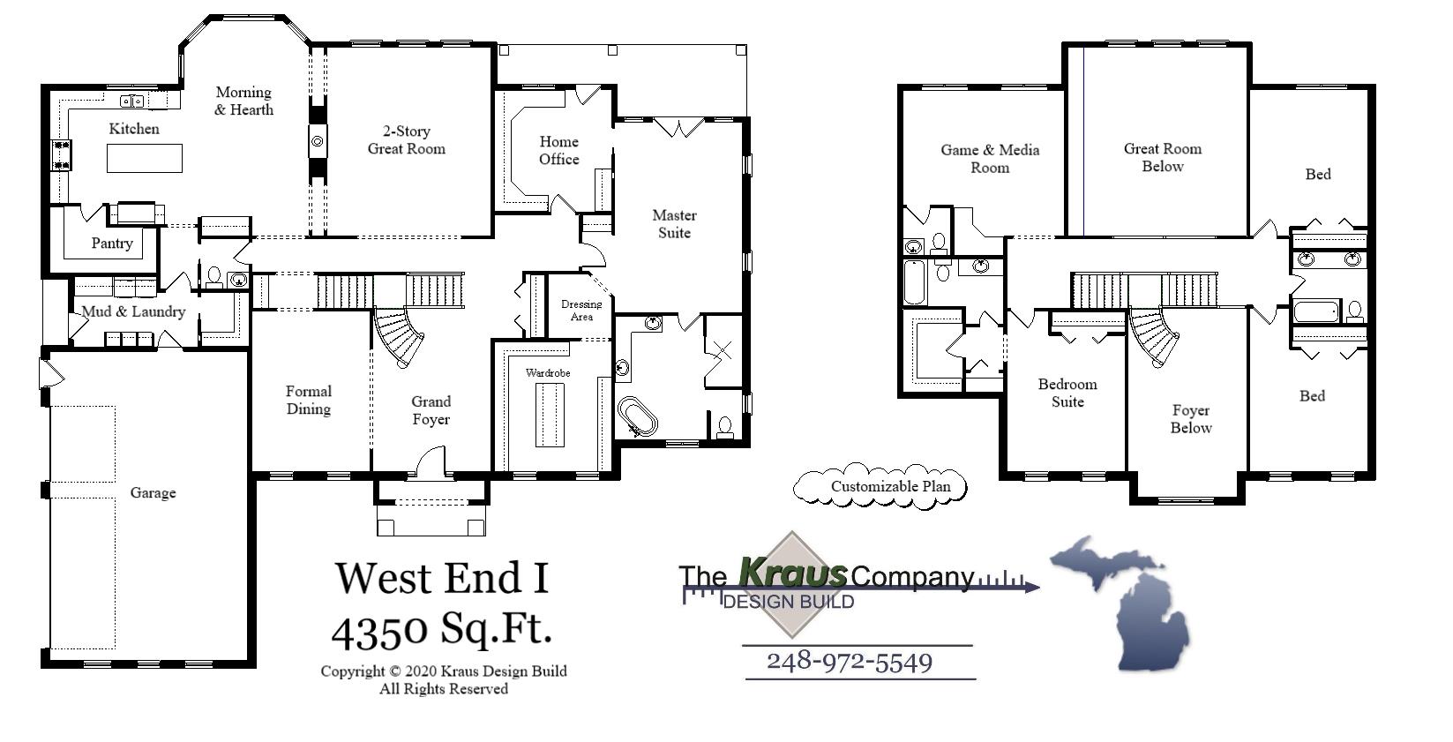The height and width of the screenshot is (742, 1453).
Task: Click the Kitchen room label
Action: pyautogui.click(x=134, y=129)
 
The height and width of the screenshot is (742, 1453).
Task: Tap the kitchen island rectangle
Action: pyautogui.click(x=145, y=158)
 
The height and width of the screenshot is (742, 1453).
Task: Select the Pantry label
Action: pyautogui.click(x=112, y=244)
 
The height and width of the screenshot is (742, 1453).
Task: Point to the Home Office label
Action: pyautogui.click(x=559, y=150)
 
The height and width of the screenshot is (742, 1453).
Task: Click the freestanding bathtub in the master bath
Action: pyautogui.click(x=637, y=417)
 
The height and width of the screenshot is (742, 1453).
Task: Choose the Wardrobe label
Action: pyautogui.click(x=548, y=373)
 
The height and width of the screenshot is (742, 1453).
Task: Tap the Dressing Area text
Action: pyautogui.click(x=581, y=311)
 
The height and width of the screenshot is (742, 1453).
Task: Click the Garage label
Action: pyautogui.click(x=153, y=493)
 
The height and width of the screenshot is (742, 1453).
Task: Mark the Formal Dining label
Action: pyautogui.click(x=309, y=400)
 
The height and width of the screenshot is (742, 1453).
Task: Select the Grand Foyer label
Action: pyautogui.click(x=431, y=410)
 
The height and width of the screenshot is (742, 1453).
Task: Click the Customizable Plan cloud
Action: pyautogui.click(x=880, y=486)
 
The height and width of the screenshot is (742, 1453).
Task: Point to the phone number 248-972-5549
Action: pyautogui.click(x=849, y=662)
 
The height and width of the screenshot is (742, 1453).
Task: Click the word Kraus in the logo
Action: pyautogui.click(x=792, y=573)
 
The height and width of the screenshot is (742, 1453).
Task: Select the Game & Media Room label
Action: pyautogui.click(x=990, y=159)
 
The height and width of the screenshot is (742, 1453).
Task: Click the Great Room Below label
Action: pyautogui.click(x=1163, y=158)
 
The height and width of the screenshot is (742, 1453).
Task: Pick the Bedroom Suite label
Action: pyautogui.click(x=1067, y=393)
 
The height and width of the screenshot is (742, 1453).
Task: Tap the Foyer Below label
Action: pyautogui.click(x=1191, y=419)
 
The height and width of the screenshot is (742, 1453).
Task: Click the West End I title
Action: pyautogui.click(x=442, y=579)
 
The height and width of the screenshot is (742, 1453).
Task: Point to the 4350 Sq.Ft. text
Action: pyautogui.click(x=442, y=630)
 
